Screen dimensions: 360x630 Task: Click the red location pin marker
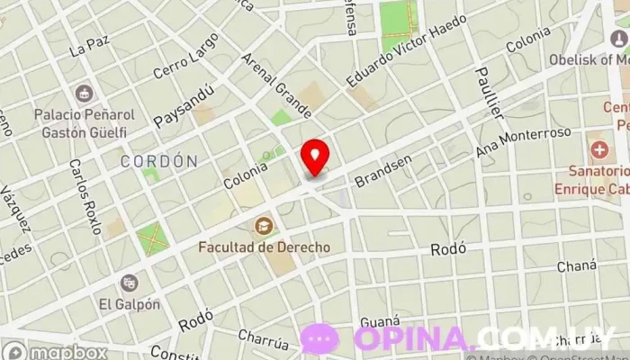pyautogui.click(x=315, y=157)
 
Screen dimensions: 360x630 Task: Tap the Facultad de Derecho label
pyautogui.click(x=265, y=247)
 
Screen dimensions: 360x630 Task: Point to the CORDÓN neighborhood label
pyautogui.click(x=159, y=162)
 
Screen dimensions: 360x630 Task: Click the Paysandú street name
pyautogui.click(x=184, y=105)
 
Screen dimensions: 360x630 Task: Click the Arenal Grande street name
pyautogui.click(x=276, y=86)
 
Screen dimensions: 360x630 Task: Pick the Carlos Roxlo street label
pyautogui.click(x=85, y=197)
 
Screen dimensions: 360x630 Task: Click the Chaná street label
pyautogui.click(x=576, y=266)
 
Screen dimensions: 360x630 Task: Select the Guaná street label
pyautogui.click(x=379, y=321)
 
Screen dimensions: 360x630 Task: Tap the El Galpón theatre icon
pyautogui.click(x=130, y=283)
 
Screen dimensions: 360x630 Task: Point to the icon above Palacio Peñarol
pyautogui.click(x=85, y=94)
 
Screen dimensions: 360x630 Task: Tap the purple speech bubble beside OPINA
pyautogui.click(x=319, y=338)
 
